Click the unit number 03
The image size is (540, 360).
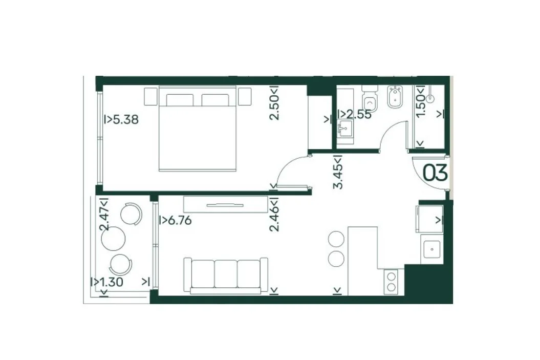pos(435,173)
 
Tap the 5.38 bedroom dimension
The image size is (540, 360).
pos(121,119)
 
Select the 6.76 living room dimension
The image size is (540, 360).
pos(175,220)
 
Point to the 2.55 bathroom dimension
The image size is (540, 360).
pos(355,114)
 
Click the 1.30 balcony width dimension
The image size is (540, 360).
pos(107,282)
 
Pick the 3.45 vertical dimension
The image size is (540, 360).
pos(338,172)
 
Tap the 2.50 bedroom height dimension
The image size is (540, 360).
pos(274,102)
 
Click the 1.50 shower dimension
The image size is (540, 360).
pos(421,101)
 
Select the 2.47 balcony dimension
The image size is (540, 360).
pos(104,214)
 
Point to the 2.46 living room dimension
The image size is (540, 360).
pos(274,214)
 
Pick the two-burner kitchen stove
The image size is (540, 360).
pos(391,282)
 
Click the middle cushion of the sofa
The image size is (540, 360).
pos(226,274)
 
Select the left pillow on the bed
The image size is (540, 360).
pos(180,100)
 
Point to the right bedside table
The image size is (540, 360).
pos(245,96)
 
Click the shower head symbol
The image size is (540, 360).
pos(430,98)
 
